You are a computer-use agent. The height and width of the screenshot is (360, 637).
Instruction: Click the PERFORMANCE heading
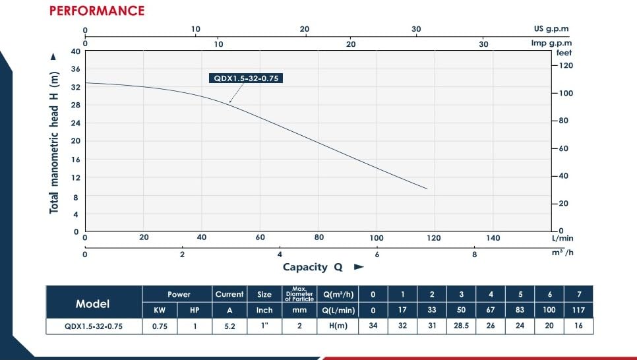click(97, 11)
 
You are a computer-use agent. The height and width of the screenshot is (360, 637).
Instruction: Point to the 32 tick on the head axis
click(75, 87)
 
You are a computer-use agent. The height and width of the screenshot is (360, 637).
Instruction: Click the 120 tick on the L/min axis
click(435, 238)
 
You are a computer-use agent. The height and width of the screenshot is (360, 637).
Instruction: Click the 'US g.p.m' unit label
click(551, 30)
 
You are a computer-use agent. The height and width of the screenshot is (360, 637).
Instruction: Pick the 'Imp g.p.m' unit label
click(548, 44)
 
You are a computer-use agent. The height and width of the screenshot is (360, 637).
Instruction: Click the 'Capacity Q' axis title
click(314, 267)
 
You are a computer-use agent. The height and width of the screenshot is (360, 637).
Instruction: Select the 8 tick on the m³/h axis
click(474, 255)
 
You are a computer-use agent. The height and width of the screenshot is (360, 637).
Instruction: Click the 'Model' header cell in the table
click(93, 304)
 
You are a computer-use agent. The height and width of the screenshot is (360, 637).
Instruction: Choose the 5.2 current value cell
click(229, 326)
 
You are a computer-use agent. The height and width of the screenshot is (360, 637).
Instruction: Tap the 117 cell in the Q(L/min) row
click(578, 310)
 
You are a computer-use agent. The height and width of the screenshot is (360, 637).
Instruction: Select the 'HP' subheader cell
click(195, 310)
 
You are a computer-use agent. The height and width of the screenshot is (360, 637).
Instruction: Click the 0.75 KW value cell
click(159, 326)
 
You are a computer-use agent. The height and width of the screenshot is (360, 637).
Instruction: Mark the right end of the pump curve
click(427, 189)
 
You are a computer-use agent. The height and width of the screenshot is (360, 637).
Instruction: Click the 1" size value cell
click(264, 326)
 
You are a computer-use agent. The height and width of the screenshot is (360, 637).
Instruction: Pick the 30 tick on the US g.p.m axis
click(415, 30)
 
